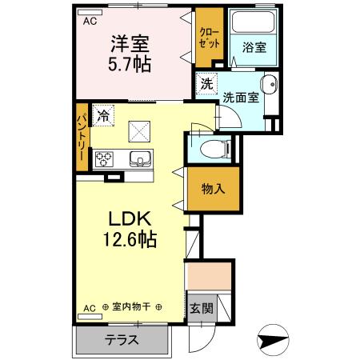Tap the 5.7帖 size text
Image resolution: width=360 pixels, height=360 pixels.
(130, 61)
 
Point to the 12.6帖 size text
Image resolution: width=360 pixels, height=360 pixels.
(129, 238)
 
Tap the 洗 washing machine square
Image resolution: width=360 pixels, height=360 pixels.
(207, 82)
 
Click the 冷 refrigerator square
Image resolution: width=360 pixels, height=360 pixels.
(102, 115)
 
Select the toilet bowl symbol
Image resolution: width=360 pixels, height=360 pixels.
(212, 148)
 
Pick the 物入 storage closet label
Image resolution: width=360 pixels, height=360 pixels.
(212, 189)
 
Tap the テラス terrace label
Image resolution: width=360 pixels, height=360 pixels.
(122, 339)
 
